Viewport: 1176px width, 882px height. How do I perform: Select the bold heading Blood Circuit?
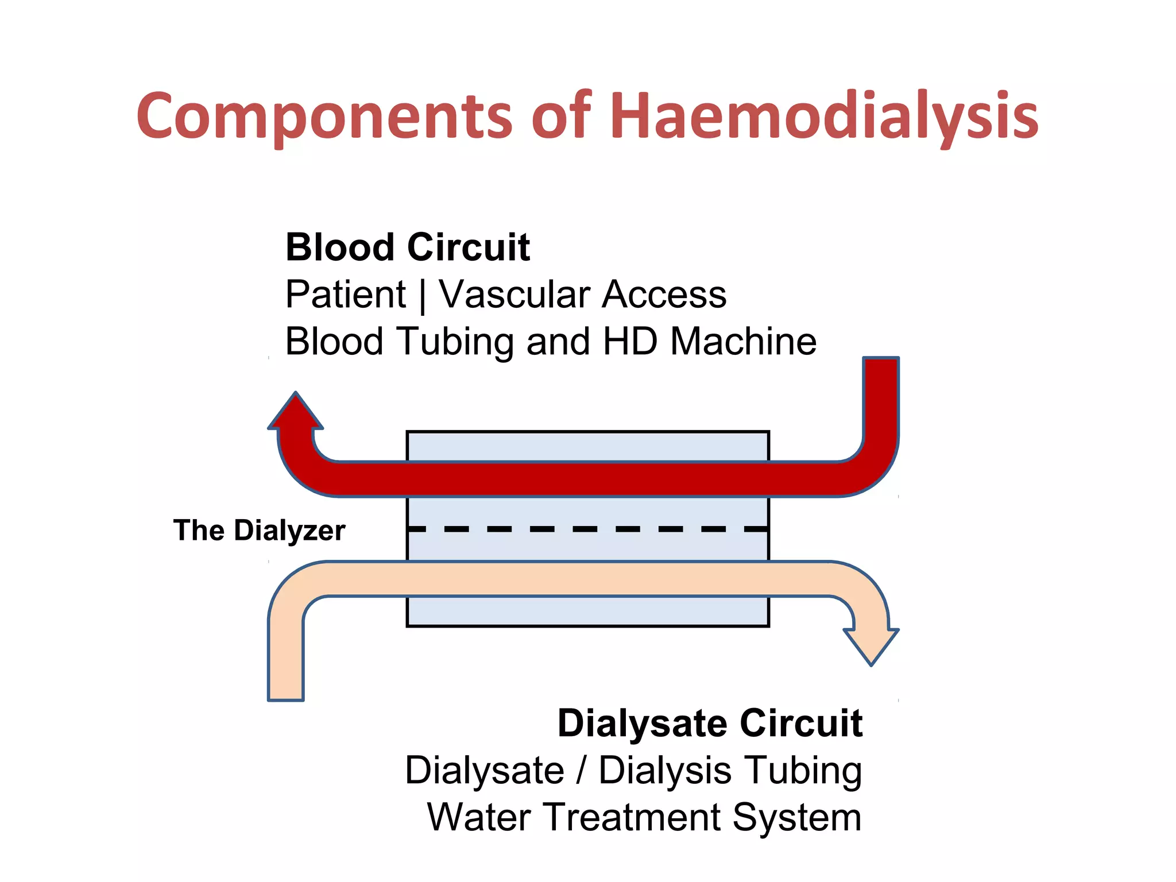[x=407, y=247]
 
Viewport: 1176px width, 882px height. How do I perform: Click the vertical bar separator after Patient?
[x=423, y=296]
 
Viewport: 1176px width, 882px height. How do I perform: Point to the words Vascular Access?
[x=582, y=295]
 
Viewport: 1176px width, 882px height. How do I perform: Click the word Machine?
[x=743, y=342]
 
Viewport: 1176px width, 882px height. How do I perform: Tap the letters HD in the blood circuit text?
[x=629, y=342]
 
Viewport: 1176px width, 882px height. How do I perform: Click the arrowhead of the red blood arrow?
[x=296, y=412]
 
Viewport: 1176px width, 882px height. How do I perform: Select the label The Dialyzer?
[x=259, y=530]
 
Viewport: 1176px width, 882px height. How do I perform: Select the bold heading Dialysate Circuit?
[x=710, y=723]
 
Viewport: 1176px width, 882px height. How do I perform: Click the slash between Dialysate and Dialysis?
[x=582, y=770]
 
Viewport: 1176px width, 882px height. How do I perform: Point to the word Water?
[x=478, y=817]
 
